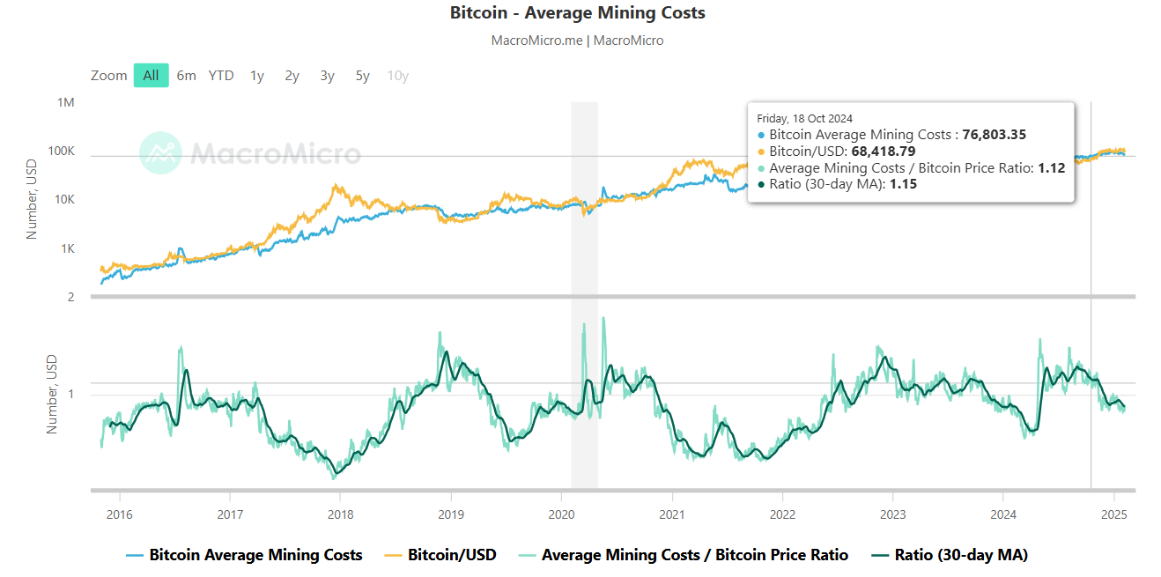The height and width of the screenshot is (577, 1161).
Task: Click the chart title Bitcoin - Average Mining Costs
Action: pos(577,13)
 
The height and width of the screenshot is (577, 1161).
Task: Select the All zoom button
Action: pos(151,76)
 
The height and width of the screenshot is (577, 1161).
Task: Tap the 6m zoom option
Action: pos(186,76)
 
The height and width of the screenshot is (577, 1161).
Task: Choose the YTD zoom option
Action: pos(221,76)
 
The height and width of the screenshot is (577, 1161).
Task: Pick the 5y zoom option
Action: pos(362,76)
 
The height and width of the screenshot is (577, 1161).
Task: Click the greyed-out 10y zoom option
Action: pos(397,76)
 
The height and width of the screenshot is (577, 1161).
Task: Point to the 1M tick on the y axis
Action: pos(66,103)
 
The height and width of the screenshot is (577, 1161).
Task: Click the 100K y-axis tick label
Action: pos(61,152)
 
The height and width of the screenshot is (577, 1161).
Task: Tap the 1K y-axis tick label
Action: pos(67,249)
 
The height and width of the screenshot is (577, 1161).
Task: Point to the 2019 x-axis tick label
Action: pos(450,514)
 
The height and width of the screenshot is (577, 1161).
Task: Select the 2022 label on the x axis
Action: pos(782,514)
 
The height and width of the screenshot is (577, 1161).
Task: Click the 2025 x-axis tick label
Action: pos(1114,514)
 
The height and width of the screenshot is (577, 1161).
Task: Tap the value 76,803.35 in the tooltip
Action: pos(994,135)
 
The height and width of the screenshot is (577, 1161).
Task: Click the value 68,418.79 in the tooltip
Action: pos(883,152)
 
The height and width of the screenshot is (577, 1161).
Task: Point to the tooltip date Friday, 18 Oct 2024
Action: pos(804,118)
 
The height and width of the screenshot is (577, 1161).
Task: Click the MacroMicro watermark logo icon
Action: pos(160,153)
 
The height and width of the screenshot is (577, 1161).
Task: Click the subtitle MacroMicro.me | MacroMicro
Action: pos(577,41)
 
